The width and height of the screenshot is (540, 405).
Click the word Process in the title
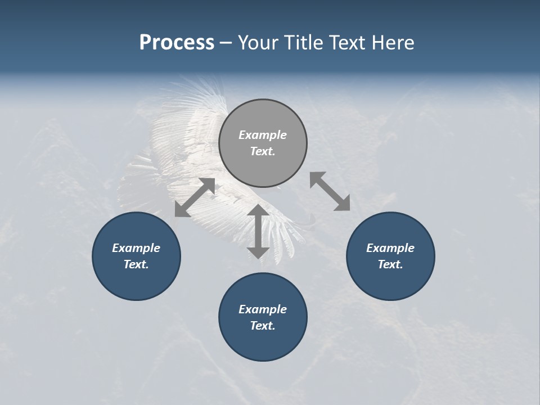pos(177,43)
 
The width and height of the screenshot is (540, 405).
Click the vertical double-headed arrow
pos(258,231)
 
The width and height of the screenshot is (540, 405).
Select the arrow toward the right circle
pos(330,191)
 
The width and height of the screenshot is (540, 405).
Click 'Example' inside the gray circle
pos(263,135)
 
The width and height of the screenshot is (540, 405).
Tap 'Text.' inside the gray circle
pos(263,151)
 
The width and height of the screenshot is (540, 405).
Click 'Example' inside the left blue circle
pos(136,248)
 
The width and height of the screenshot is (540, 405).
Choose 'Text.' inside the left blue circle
pos(136,264)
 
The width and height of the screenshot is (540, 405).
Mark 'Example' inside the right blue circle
pos(390,248)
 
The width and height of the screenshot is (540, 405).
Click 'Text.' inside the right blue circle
pos(390,264)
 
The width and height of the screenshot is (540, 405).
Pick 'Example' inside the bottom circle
pos(263,309)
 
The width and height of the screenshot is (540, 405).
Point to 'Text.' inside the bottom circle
pos(263,326)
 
